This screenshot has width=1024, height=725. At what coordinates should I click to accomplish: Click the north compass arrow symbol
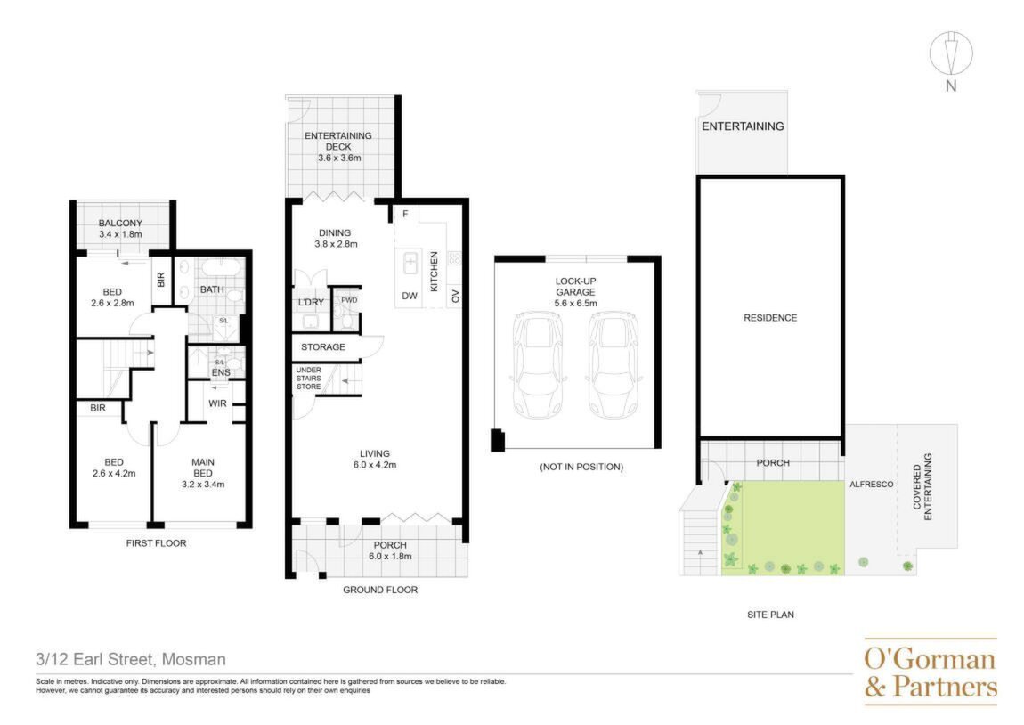coord(951,53)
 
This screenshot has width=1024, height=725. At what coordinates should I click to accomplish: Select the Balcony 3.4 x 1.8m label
coord(121,228)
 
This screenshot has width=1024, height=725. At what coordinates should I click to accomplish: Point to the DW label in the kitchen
coord(410,296)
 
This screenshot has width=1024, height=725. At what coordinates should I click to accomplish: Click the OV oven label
coord(455,296)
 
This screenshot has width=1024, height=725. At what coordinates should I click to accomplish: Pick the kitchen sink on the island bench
coord(410,264)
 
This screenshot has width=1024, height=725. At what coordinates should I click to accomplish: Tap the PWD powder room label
coord(349,300)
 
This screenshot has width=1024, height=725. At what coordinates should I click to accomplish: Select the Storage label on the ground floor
coord(322,346)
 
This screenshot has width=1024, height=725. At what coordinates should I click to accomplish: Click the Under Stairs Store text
coord(308,379)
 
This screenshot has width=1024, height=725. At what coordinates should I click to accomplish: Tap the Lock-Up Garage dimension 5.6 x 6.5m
coord(575,303)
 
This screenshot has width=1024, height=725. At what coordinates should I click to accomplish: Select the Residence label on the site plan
coord(770,318)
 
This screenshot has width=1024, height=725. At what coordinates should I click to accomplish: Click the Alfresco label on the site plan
coord(871,484)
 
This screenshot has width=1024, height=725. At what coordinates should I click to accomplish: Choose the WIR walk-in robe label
coord(217,403)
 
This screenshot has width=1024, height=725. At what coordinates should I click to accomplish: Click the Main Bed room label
coord(202,468)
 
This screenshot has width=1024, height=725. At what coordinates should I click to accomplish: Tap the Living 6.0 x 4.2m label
coord(375,460)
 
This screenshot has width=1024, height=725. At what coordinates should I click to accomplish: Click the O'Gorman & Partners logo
coord(931,672)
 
